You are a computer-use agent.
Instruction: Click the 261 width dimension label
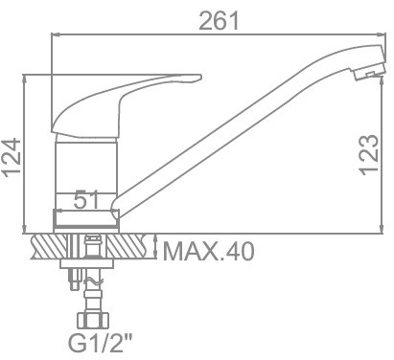219,21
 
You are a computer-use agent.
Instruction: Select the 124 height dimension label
12,157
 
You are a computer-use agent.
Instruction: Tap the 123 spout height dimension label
370,155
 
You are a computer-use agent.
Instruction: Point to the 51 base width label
87,200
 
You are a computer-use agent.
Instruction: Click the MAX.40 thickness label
209,251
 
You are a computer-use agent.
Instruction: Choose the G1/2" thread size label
100,343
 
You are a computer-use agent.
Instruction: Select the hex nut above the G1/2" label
93,320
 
